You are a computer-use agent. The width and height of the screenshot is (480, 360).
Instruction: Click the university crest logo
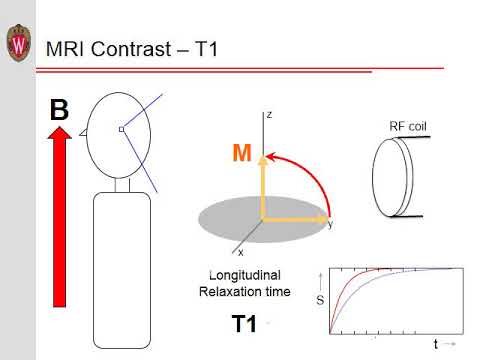18,43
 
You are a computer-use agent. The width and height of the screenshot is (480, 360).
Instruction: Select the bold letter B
59,109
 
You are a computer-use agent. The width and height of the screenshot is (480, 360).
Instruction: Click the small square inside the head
121,129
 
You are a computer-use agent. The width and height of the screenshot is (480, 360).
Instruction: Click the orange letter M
241,153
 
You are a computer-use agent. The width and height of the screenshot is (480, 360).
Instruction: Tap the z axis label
269,115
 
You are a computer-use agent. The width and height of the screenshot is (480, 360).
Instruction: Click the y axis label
330,225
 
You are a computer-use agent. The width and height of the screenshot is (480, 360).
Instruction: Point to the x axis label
241,253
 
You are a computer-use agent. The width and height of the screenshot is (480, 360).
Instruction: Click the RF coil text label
409,126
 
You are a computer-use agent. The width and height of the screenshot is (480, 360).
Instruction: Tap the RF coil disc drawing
390,178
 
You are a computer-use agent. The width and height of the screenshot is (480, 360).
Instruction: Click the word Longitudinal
249,274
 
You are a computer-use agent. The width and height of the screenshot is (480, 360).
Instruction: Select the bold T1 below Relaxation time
244,323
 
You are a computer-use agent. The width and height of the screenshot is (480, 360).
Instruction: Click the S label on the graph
320,298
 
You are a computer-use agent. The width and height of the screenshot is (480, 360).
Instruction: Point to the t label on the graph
436,344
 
